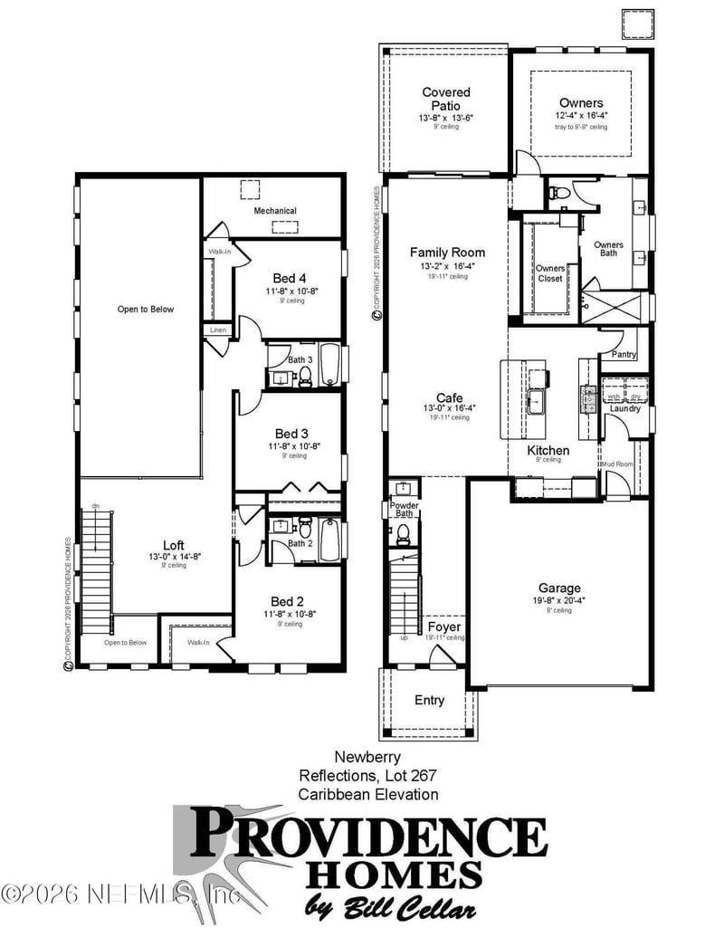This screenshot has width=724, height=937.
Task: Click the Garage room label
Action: (x=558, y=588)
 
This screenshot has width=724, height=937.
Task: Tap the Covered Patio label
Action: (x=446, y=99)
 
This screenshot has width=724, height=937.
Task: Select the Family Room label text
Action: (x=447, y=253)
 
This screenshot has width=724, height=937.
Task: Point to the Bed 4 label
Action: (x=290, y=277)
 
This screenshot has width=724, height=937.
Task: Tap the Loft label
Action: (x=174, y=545)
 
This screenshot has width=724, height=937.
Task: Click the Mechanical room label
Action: (x=275, y=211)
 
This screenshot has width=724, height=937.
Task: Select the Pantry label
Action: (x=624, y=355)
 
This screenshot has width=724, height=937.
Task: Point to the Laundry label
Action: (x=624, y=408)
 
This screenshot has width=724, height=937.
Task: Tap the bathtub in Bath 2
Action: (x=329, y=539)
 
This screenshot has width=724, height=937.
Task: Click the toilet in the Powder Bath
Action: (x=404, y=536)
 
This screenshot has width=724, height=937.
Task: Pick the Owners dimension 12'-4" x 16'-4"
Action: (x=581, y=116)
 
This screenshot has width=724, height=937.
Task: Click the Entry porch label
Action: (x=430, y=700)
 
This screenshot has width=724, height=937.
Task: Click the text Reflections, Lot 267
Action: (x=368, y=776)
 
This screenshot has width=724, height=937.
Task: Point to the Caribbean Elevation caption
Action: (x=368, y=794)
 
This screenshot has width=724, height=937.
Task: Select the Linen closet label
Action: (x=218, y=330)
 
